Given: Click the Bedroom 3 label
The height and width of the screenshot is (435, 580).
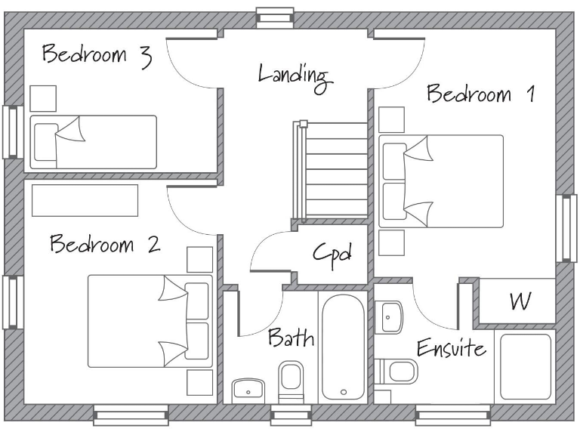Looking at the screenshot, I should point(97,57).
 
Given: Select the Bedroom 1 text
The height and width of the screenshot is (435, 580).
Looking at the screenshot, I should point(480,95).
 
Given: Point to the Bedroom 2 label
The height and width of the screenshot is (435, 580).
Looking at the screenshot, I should point(105,245).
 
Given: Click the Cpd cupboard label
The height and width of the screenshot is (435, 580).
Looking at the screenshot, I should point(332,254).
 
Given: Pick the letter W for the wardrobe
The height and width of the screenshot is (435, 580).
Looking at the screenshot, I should point(519,302).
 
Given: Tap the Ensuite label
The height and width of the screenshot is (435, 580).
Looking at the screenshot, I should point(452,349).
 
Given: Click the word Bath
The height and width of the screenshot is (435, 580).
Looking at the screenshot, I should point(291,338).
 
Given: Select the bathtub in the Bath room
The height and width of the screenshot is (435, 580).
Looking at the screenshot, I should point(344,347).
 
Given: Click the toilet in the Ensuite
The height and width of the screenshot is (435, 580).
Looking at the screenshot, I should point(400,371).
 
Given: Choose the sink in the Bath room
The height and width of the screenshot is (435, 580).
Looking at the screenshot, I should point(247,389).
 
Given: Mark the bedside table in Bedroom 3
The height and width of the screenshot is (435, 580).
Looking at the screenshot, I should point(42,98).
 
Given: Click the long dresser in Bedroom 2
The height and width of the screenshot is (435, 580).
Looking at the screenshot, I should point(85,200).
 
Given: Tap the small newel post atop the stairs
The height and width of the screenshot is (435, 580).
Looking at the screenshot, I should point(303,124).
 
